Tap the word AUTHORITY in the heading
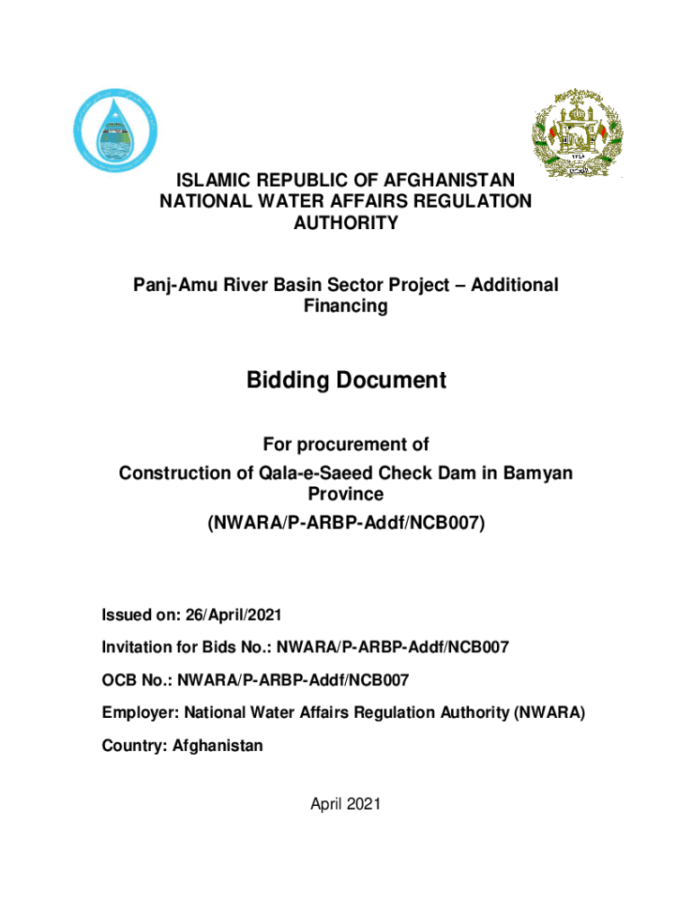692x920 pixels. click(x=346, y=224)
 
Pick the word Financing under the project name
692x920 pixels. click(x=346, y=307)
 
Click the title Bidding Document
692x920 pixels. click(x=346, y=381)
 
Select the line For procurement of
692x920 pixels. click(x=346, y=445)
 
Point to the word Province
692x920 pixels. click(x=346, y=495)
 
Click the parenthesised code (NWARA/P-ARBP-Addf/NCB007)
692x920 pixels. click(x=346, y=522)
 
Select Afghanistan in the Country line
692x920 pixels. click(x=218, y=746)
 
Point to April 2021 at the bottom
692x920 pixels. click(x=346, y=804)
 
